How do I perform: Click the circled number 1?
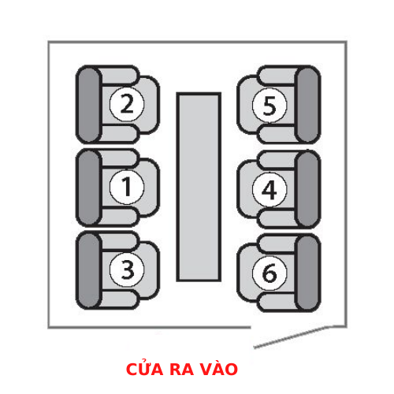coord(127,187)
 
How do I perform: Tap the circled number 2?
coord(127,104)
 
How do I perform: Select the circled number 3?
coord(127,269)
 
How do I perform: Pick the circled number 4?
coord(269,190)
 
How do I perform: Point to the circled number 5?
coord(269,106)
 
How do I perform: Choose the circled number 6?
coord(269,273)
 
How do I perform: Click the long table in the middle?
coord(199,187)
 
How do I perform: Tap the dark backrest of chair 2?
coord(89,104)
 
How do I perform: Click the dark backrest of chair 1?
coord(89,188)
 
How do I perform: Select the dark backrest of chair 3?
coord(89,270)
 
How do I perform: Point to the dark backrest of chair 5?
coord(307,105)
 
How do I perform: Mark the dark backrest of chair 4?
coord(307,189)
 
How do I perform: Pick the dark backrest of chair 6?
coord(307,273)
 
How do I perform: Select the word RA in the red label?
coord(181,369)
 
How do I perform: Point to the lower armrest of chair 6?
coord(278,302)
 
